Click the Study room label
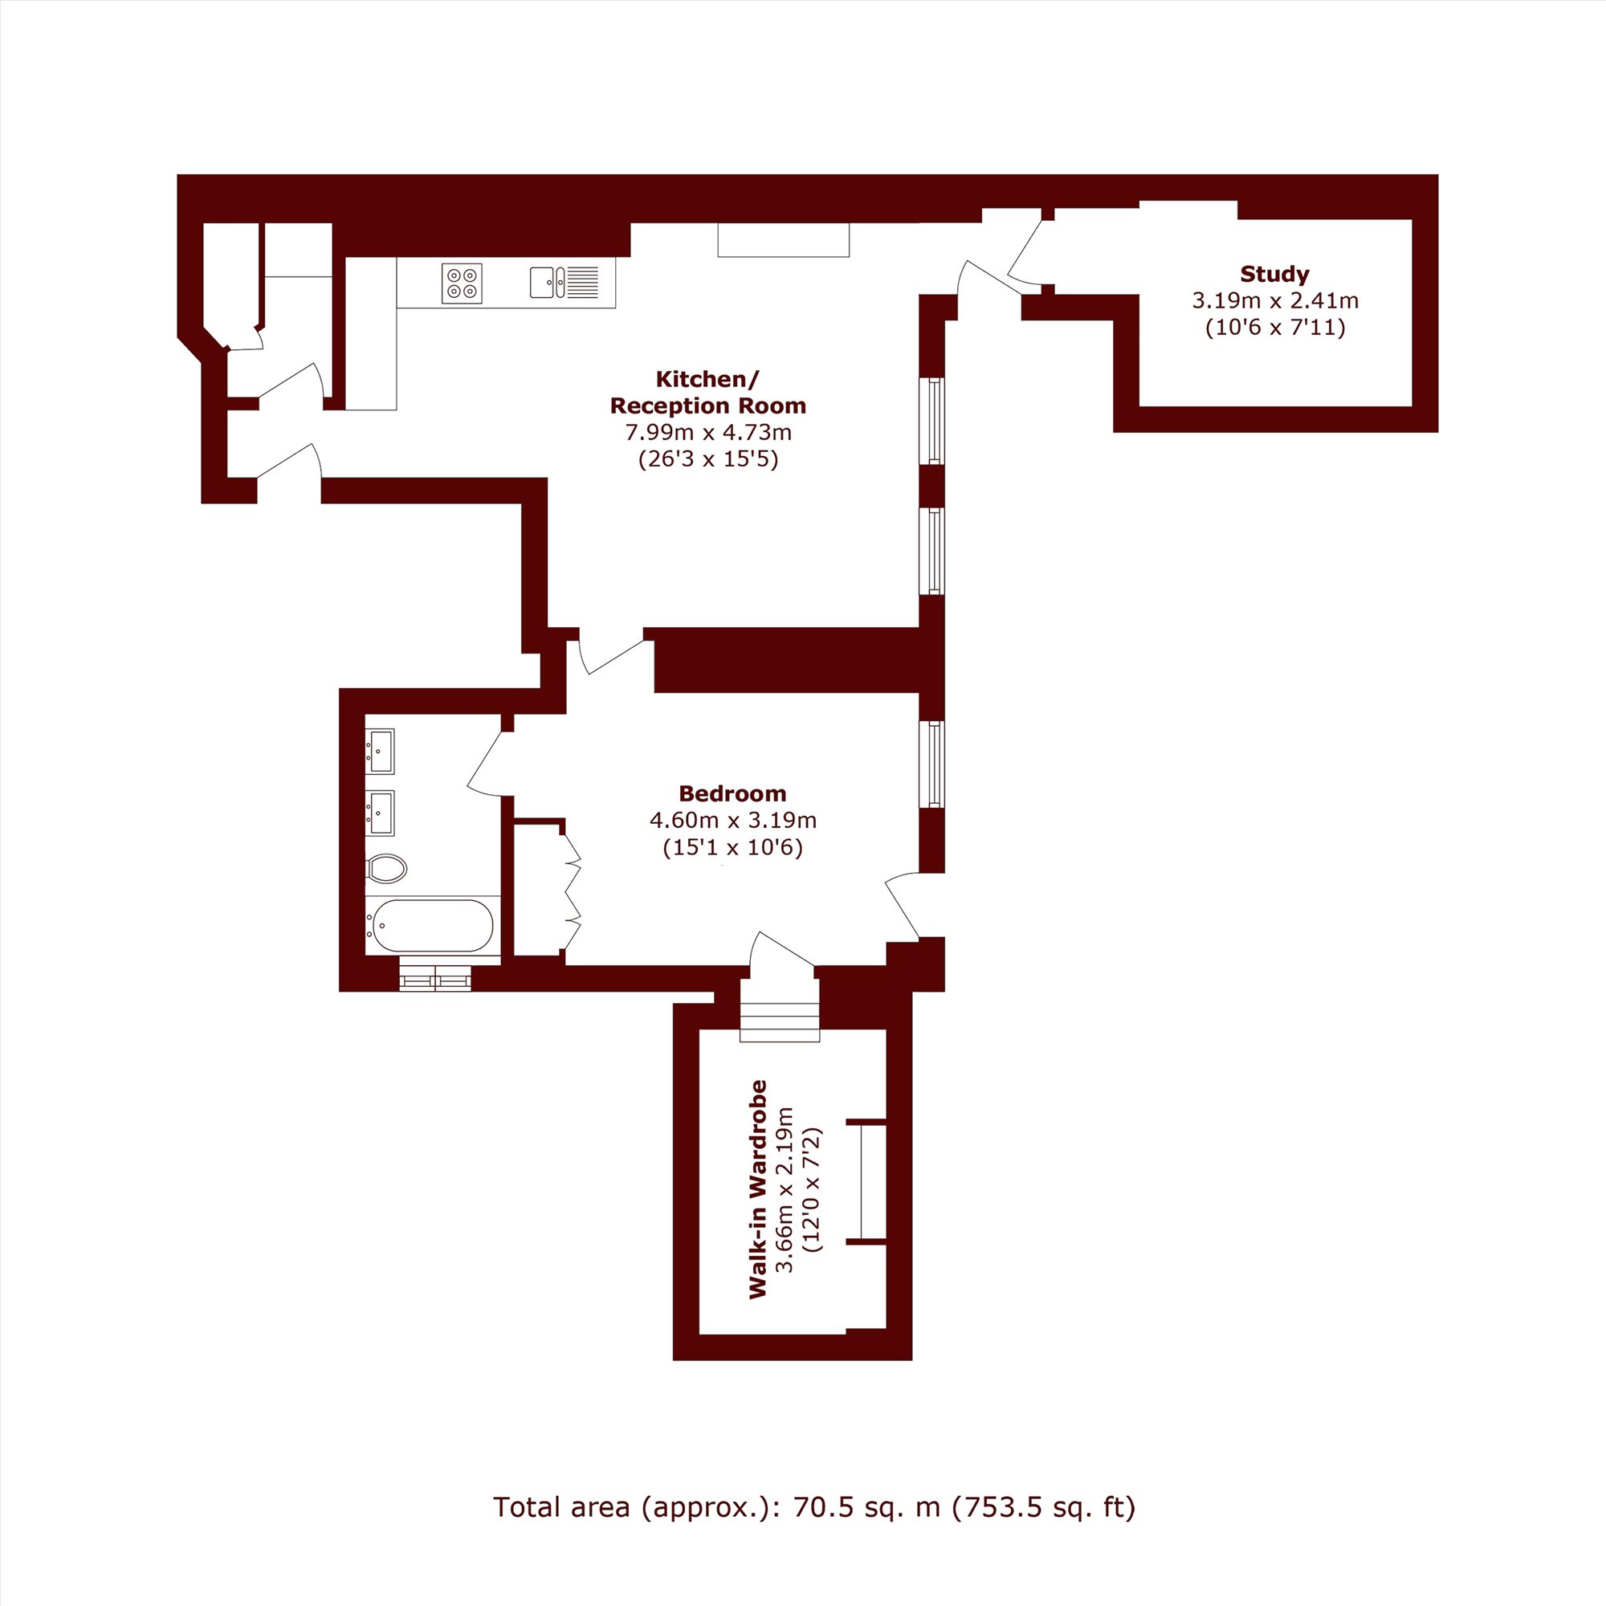(x=1274, y=274)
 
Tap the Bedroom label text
(x=732, y=793)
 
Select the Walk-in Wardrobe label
(x=757, y=1188)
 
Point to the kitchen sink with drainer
(x=565, y=282)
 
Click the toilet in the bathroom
(x=386, y=869)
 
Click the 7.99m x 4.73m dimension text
(x=708, y=432)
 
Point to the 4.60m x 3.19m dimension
(x=733, y=821)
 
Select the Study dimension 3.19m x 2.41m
(x=1275, y=300)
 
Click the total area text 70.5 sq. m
(x=869, y=1531)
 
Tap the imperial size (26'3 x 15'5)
(x=708, y=459)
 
